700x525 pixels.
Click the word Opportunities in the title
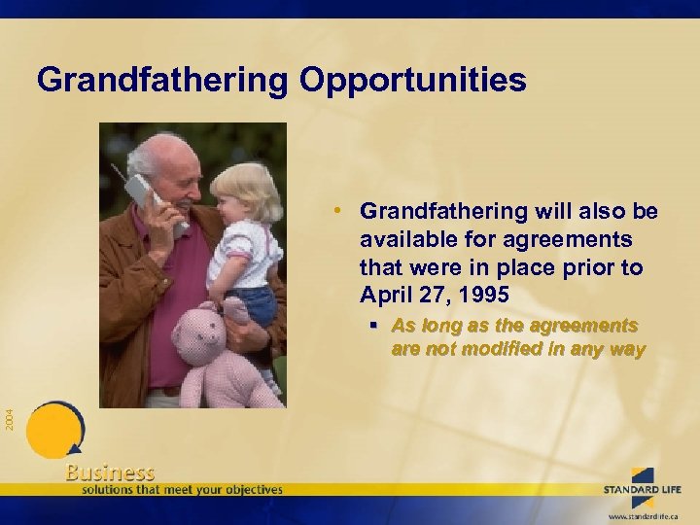click(413, 80)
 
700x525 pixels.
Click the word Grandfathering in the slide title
click(162, 80)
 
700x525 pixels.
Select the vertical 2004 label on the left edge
click(9, 419)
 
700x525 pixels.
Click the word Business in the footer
click(110, 472)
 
